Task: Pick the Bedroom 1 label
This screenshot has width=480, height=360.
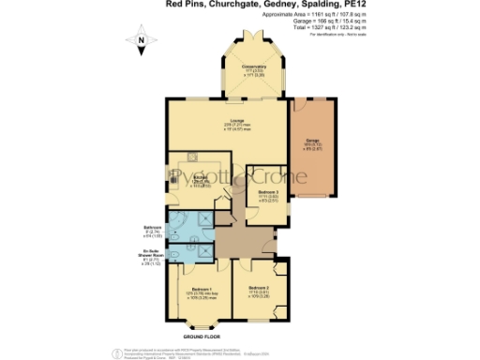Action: coord(201,292)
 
